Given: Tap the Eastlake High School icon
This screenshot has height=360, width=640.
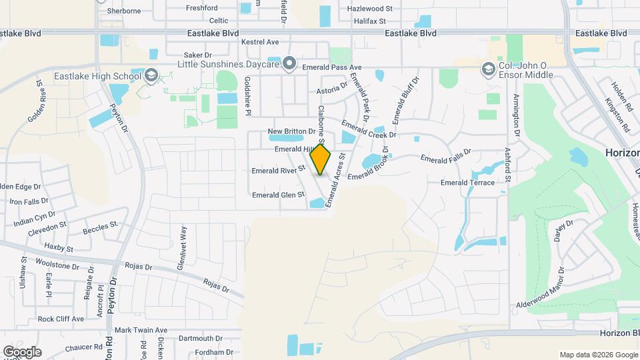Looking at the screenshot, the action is point(151,75).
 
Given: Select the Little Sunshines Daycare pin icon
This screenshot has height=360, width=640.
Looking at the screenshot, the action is point(289,64).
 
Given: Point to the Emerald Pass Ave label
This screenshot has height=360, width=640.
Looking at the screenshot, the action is point(331,67).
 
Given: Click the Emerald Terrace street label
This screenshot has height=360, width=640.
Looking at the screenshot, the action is point(467,183).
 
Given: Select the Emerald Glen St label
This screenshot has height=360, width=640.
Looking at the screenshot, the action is point(278,195).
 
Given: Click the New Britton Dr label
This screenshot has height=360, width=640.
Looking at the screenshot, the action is point(291,131).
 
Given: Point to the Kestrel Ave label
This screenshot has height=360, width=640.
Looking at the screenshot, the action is point(259,41).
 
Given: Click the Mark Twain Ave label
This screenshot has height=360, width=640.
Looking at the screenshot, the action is point(141,330).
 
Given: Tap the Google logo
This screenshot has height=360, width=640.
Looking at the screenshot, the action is point(22,352).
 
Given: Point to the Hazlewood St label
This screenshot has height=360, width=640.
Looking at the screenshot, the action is point(371,9).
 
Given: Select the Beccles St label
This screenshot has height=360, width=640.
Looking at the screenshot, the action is point(100,229).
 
